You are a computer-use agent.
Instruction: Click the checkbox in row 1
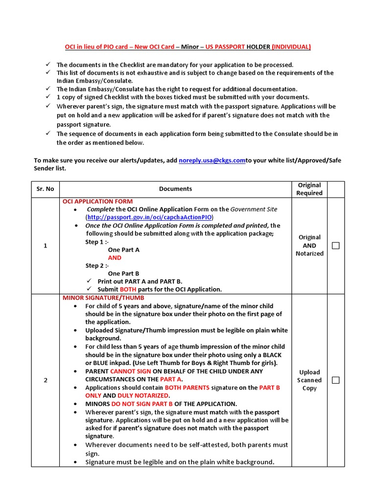pyautogui.click(x=335, y=246)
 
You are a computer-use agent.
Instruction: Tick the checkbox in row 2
pyautogui.click(x=335, y=380)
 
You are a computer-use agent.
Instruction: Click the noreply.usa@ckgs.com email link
pyautogui.click(x=211, y=160)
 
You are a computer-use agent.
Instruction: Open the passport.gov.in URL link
pyautogui.click(x=150, y=217)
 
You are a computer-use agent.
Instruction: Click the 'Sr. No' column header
pyautogui.click(x=45, y=189)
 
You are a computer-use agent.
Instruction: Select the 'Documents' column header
pyautogui.click(x=175, y=189)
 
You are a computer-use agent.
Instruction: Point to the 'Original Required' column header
pyautogui.click(x=309, y=189)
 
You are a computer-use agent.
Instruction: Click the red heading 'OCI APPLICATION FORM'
pyautogui.click(x=97, y=201)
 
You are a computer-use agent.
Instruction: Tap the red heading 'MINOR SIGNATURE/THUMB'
pyautogui.click(x=103, y=297)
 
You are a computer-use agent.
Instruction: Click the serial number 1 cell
pyautogui.click(x=45, y=246)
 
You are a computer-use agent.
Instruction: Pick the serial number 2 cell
pyautogui.click(x=45, y=380)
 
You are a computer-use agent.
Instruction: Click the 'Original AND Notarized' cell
pyautogui.click(x=309, y=246)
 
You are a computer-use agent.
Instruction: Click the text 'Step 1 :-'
pyautogui.click(x=97, y=242)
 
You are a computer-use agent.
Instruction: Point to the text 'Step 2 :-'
pyautogui.click(x=97, y=266)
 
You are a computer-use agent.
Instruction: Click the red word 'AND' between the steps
pyautogui.click(x=115, y=258)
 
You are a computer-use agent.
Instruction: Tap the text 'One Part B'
pyautogui.click(x=123, y=273)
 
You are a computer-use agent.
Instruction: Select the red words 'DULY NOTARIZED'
pyautogui.click(x=149, y=395)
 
